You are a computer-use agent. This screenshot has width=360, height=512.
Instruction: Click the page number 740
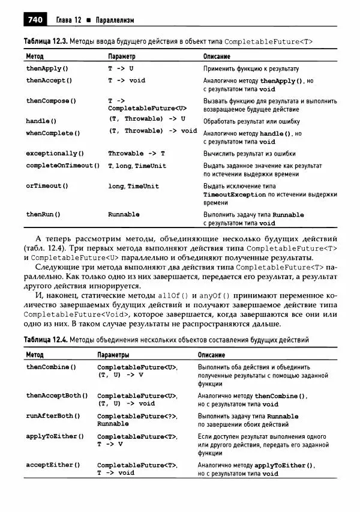[34, 20]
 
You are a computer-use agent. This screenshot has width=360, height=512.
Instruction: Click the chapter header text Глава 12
[68, 21]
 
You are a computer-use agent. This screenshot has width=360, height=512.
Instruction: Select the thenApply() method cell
[47, 69]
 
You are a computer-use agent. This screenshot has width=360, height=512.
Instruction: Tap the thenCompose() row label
[51, 101]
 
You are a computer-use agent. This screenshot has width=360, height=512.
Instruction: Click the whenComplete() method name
[53, 133]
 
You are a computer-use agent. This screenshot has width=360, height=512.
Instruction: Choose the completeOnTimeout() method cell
[62, 166]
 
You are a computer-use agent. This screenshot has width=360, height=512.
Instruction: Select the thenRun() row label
[43, 214]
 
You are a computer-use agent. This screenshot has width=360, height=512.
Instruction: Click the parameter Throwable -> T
[136, 153]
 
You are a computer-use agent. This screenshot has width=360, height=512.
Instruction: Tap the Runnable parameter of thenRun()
[124, 214]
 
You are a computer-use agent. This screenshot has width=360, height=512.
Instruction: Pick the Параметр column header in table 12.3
[122, 56]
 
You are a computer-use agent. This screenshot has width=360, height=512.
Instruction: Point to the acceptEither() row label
[53, 465]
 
